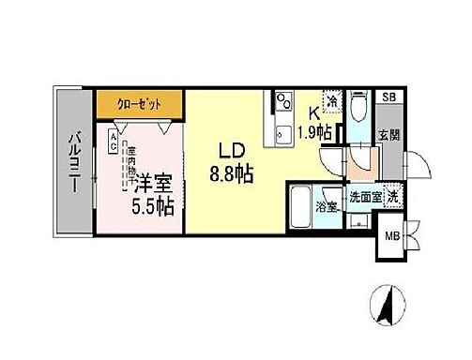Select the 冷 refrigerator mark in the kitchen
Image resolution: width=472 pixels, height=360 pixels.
[330, 98]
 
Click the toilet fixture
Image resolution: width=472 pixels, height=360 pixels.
[359, 110]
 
